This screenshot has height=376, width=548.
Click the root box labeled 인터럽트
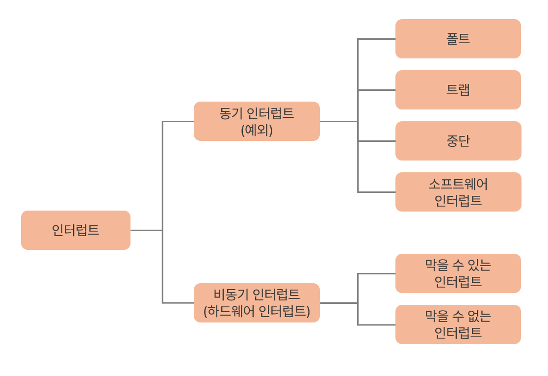pyautogui.click(x=76, y=230)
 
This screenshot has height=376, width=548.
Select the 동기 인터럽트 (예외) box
pyautogui.click(x=257, y=121)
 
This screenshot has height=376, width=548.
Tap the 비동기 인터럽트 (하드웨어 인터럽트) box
pyautogui.click(x=257, y=303)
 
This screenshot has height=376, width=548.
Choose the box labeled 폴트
pyautogui.click(x=458, y=39)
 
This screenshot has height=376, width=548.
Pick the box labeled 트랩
pyautogui.click(x=458, y=90)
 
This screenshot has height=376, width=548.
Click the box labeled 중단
pyautogui.click(x=458, y=141)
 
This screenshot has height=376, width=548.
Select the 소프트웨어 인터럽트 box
pyautogui.click(x=458, y=192)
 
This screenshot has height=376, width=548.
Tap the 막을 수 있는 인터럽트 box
pyautogui.click(x=458, y=273)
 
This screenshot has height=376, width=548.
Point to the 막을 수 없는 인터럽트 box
pyautogui.click(x=458, y=324)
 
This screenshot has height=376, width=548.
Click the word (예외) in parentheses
pyautogui.click(x=257, y=130)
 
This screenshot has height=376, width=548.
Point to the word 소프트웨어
pyautogui.click(x=458, y=184)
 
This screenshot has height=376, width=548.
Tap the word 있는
pyautogui.click(x=478, y=265)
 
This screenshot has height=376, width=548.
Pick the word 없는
pyautogui.click(x=478, y=316)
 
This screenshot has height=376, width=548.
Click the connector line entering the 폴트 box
pyautogui.click(x=377, y=39)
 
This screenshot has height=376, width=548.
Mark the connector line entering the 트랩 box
pyautogui.click(x=377, y=90)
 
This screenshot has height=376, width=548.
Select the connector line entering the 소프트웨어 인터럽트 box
pyautogui.click(x=377, y=192)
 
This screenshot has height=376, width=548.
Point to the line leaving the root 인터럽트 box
pyautogui.click(x=146, y=230)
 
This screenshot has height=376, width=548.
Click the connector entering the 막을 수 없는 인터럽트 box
pyautogui.click(x=377, y=324)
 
